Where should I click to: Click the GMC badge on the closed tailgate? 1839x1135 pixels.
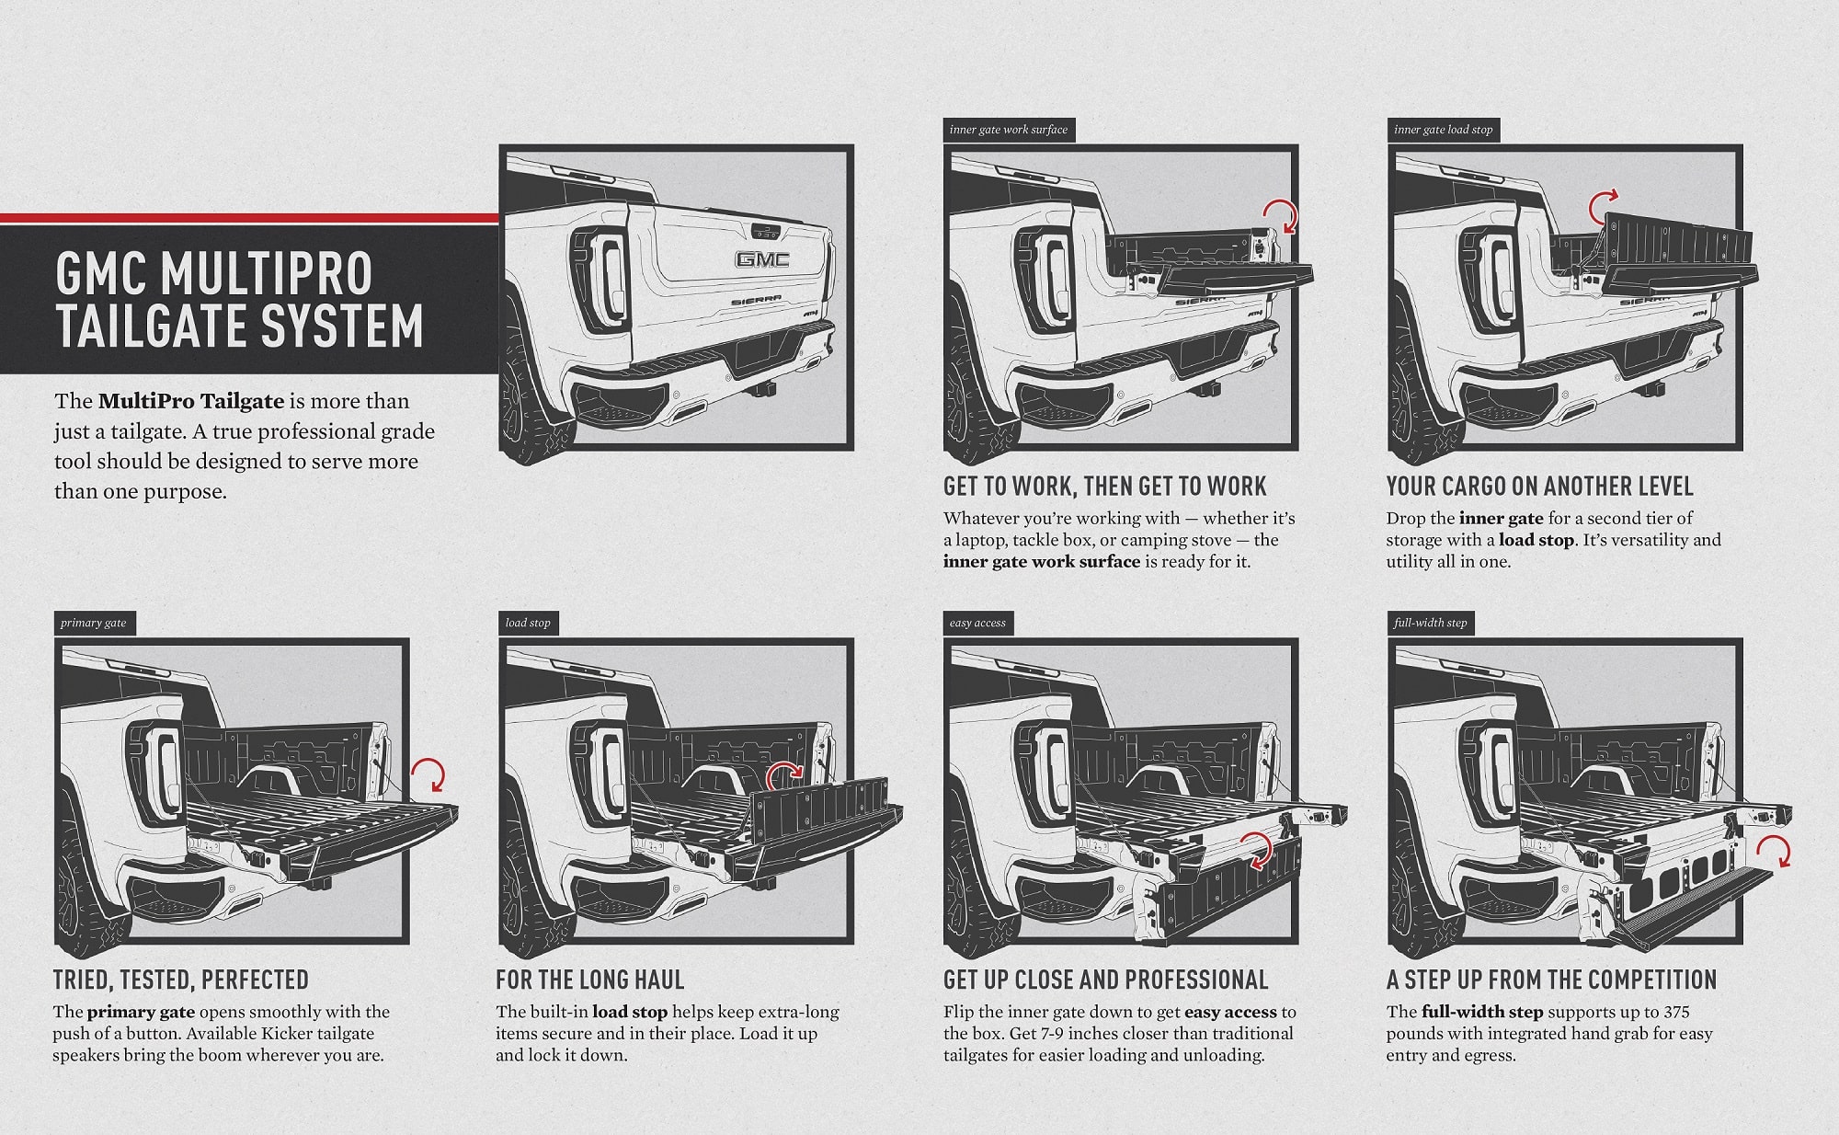coord(761,259)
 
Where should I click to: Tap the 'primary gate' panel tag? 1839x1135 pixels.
coord(94,623)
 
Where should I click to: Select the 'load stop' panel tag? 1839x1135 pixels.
coord(528,623)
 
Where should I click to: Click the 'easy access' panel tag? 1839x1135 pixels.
coord(977,623)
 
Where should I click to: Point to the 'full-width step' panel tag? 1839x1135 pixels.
coord(1430,623)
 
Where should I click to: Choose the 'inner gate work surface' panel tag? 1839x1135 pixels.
coord(1009,130)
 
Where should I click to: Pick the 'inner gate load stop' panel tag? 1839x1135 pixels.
coord(1443,130)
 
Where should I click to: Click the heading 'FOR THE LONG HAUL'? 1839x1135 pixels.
coord(590,980)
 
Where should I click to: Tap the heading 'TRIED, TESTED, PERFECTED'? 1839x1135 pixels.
coord(181,980)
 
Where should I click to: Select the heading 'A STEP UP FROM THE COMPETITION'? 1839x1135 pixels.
coord(1552,980)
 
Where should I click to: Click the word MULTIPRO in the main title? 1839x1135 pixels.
coord(266,273)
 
